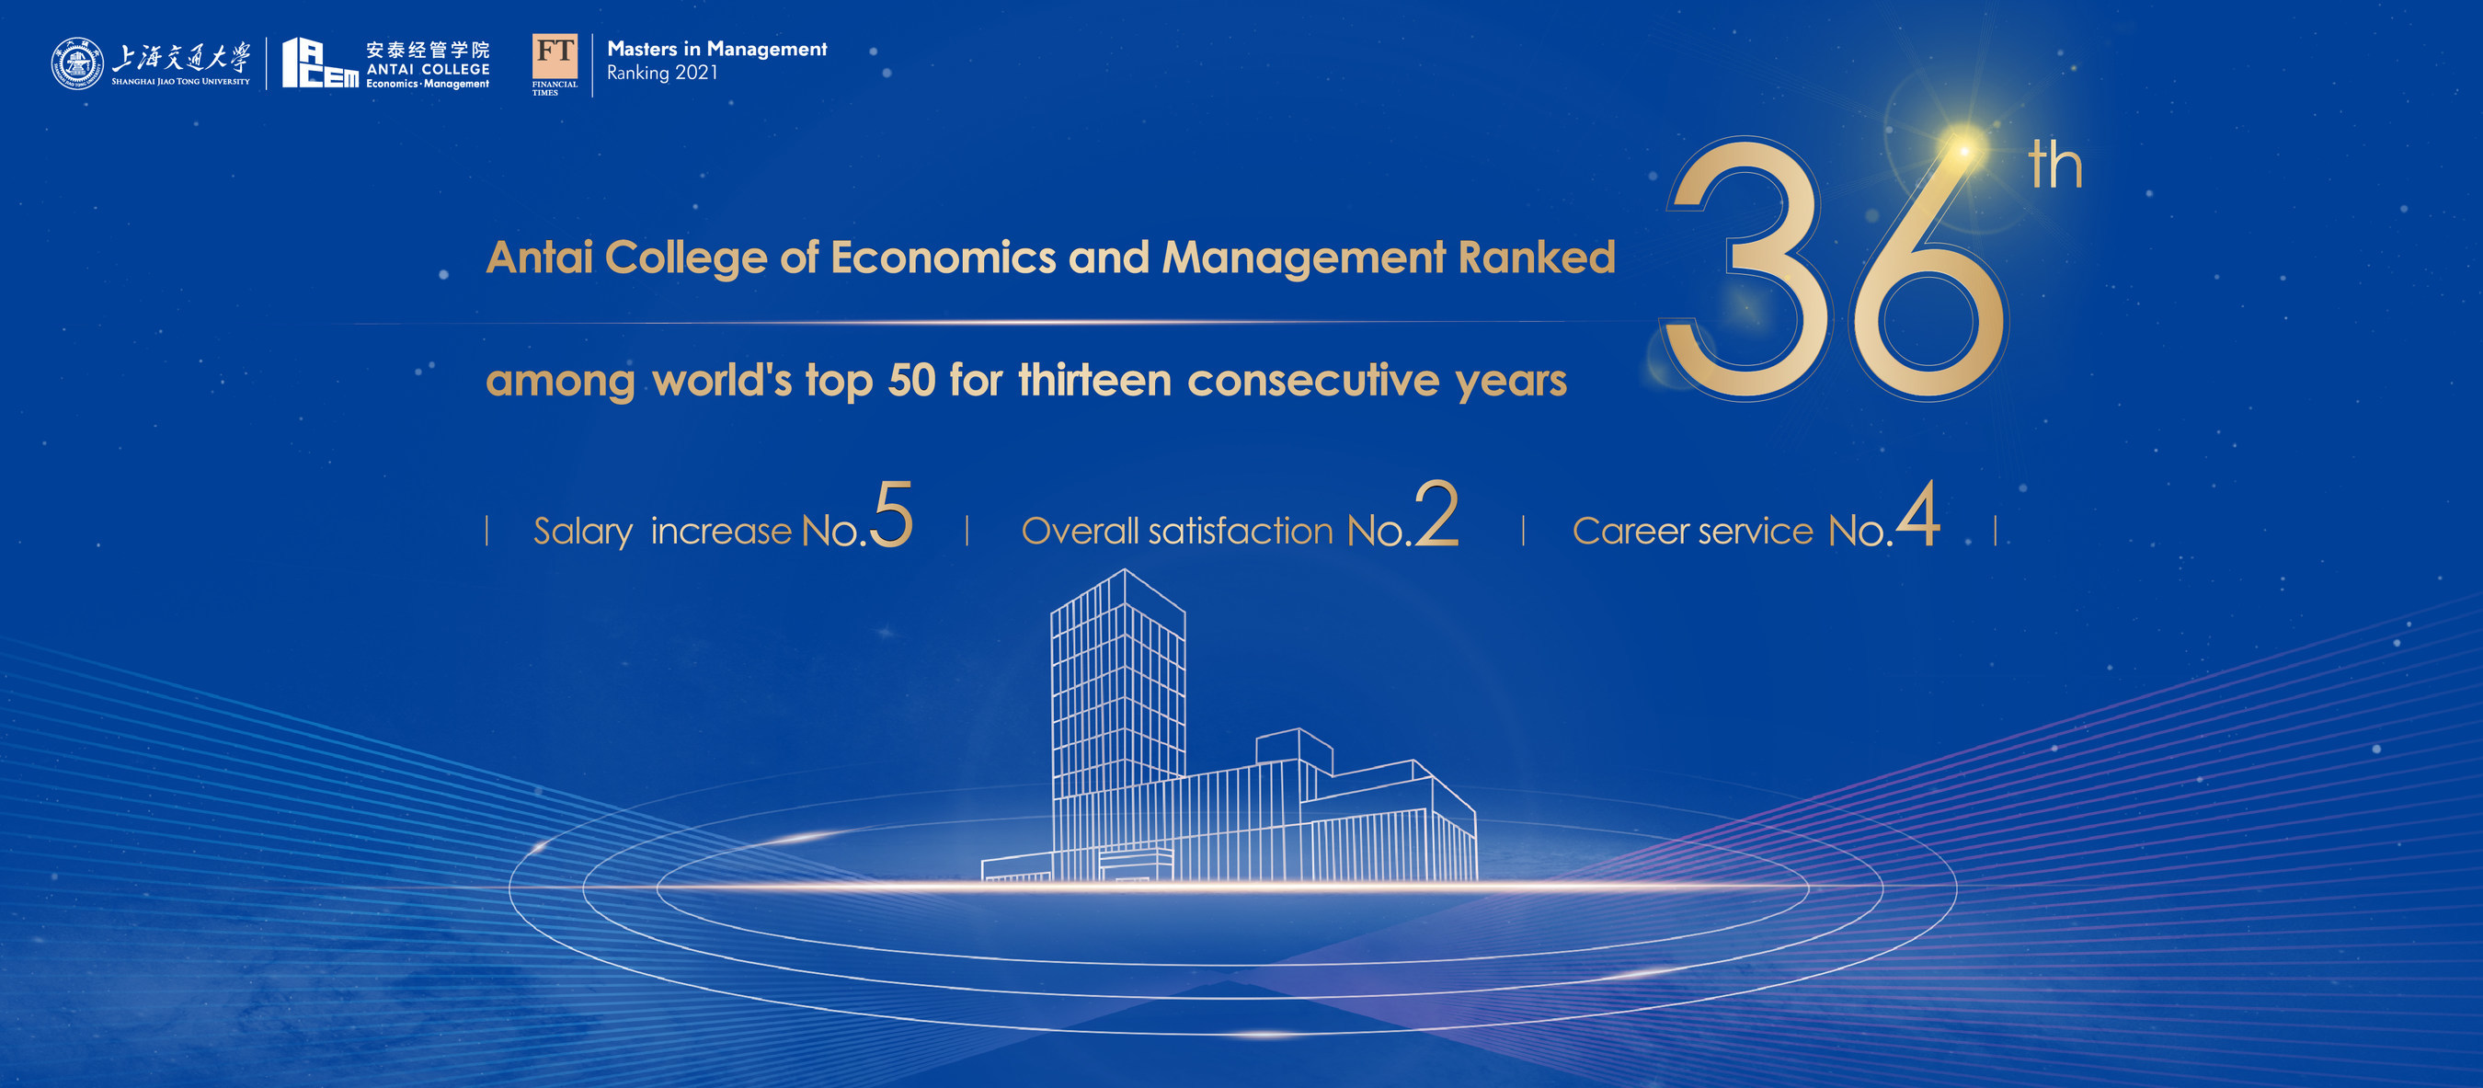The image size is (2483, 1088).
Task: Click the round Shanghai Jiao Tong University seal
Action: point(77,64)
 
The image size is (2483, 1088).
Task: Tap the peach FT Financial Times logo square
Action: point(555,57)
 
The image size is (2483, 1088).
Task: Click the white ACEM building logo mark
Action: point(320,63)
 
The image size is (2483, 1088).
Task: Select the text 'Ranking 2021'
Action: point(662,74)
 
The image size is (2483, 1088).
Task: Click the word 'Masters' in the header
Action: point(642,49)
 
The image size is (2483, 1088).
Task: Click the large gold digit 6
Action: point(1928,269)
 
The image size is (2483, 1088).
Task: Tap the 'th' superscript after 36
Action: point(2055,165)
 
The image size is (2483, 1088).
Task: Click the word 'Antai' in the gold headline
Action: point(539,258)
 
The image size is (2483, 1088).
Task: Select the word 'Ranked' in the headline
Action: point(1537,258)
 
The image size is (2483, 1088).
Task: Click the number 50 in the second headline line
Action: point(912,380)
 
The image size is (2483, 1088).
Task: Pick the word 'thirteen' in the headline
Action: point(1095,380)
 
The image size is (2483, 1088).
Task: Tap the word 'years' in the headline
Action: point(1511,383)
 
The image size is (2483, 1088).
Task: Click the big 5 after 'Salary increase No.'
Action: point(892,515)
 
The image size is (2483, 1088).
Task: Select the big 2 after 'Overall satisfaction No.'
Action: point(1437,513)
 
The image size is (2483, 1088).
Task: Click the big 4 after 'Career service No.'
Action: point(1918,512)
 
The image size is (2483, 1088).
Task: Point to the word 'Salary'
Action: point(583,532)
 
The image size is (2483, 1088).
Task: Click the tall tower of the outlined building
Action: point(1118,723)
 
